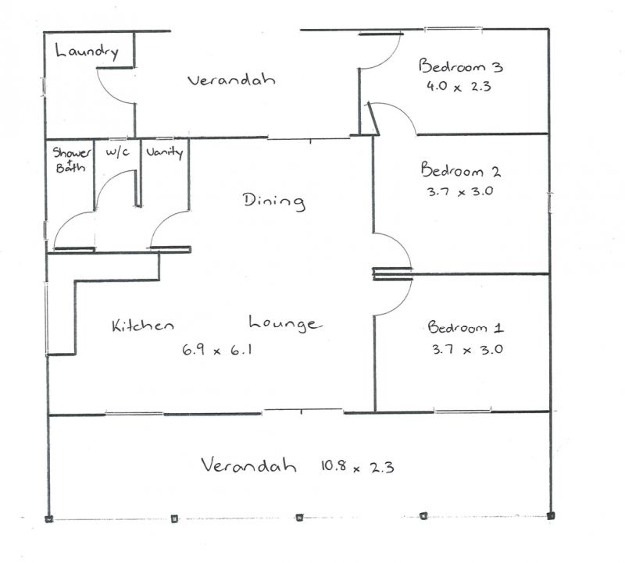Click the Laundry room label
87,52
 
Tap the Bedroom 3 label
461,66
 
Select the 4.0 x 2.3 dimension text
459,87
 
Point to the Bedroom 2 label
461,169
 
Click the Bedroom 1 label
466,327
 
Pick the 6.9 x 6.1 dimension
217,350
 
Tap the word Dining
274,201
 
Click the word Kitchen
143,325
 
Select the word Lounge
284,323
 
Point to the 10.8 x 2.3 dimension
358,466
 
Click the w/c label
117,151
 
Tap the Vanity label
165,152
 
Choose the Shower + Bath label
71,159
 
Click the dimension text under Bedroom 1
467,350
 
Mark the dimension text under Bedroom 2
460,191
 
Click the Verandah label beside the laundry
231,80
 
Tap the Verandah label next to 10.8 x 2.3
248,465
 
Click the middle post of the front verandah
299,518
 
